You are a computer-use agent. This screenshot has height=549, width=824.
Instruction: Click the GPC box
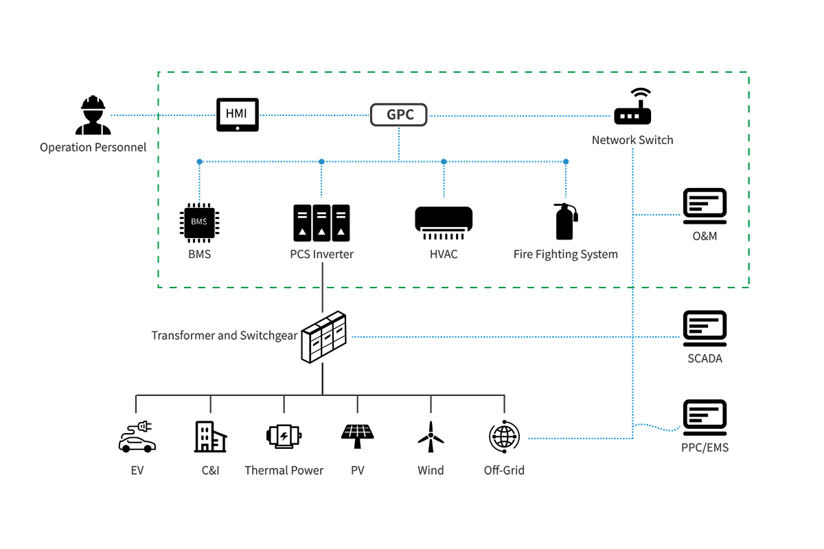399,115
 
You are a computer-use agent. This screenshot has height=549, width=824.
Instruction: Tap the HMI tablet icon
238,115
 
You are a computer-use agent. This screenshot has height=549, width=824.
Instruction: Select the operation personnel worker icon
93,115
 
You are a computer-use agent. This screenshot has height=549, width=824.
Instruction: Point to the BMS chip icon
198,223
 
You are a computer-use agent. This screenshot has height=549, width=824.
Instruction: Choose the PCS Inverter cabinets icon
321,222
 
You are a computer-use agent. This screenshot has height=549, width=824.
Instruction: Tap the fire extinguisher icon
565,221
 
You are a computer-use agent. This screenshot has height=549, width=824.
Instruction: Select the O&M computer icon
705,206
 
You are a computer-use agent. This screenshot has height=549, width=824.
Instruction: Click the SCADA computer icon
705,328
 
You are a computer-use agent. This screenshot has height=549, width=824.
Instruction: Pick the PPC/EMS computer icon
705,417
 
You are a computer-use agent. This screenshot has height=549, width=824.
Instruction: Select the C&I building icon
209,436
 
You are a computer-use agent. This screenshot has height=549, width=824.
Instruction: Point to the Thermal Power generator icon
284,436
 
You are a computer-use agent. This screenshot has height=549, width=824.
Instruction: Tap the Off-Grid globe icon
504,436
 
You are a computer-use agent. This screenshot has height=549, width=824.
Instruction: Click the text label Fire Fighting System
565,255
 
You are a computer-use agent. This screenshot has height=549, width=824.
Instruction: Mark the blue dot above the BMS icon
199,162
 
